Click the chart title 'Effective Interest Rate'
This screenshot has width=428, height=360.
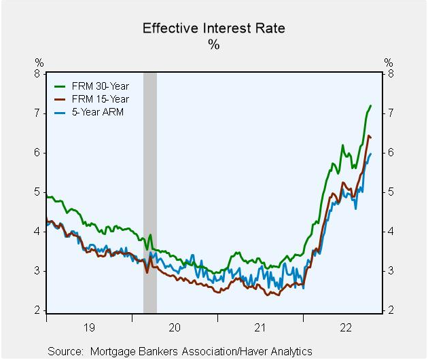click(x=213, y=29)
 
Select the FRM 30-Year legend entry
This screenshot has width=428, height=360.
click(x=99, y=86)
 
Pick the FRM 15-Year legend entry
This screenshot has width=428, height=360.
click(x=99, y=99)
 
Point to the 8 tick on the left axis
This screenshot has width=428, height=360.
click(x=39, y=74)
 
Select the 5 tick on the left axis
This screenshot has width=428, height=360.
click(x=39, y=192)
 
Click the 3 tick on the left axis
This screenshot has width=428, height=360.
click(x=39, y=272)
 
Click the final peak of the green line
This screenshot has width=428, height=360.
click(x=370, y=106)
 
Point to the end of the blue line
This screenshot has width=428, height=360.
click(x=371, y=154)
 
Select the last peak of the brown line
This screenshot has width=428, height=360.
click(x=368, y=136)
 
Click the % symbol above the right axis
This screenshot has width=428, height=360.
click(x=388, y=62)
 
